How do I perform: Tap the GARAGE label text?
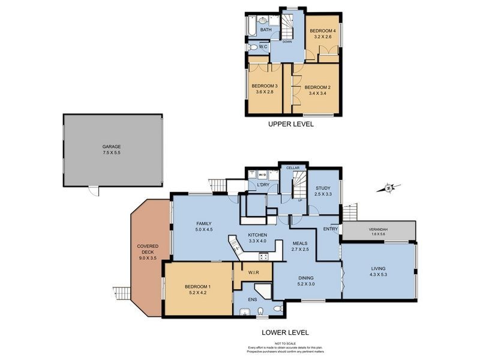click(112, 146)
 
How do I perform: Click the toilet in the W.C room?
click(254, 47)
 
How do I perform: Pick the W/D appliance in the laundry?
click(254, 176)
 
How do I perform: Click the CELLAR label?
click(293, 168)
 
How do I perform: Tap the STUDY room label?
click(323, 188)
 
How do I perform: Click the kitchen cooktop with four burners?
click(263, 256)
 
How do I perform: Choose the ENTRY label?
click(331, 229)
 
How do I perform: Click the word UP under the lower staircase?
click(299, 200)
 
